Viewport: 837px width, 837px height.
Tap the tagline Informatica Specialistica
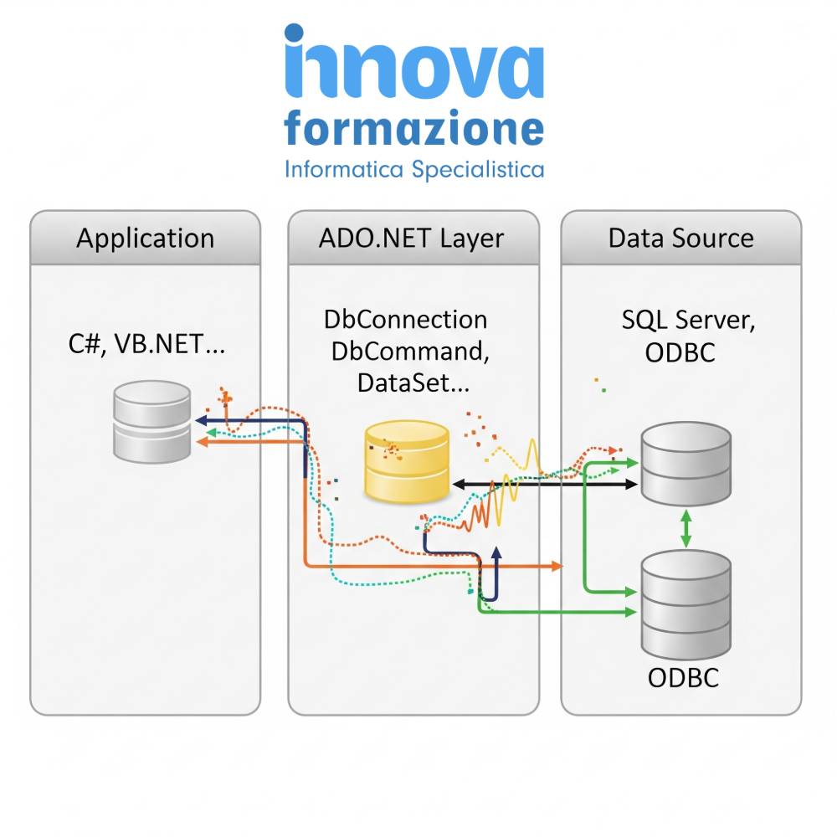click(414, 170)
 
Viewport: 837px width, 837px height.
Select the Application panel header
click(145, 238)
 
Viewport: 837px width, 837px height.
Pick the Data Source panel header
click(681, 238)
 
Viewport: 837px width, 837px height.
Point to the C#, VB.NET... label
click(146, 344)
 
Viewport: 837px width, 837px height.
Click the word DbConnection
click(406, 319)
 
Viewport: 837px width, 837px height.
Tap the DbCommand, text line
click(410, 352)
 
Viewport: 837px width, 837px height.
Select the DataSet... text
click(413, 383)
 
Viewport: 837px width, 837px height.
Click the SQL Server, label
click(688, 321)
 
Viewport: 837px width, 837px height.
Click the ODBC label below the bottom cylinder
click(683, 678)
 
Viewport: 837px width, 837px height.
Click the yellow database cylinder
click(407, 462)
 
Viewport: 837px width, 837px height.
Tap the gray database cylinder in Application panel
click(152, 422)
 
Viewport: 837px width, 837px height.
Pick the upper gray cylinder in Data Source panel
click(686, 464)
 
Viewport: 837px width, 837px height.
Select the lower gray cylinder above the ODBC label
click(686, 605)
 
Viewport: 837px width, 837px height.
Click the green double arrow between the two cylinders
click(686, 528)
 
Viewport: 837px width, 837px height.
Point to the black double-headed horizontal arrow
click(545, 484)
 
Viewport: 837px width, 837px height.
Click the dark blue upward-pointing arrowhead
click(496, 553)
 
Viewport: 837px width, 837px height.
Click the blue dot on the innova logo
click(294, 33)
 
